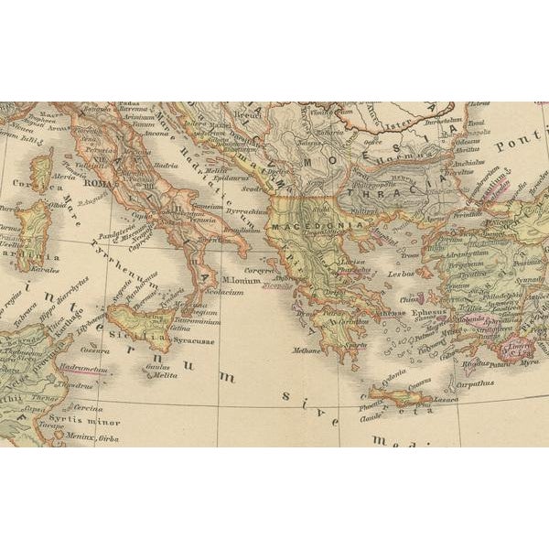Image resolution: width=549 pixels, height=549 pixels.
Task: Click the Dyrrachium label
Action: tap(245, 210)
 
